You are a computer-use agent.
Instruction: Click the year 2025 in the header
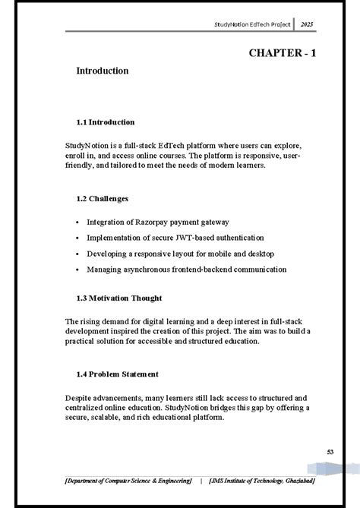pos(307,25)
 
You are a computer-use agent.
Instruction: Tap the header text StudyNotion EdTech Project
pos(251,25)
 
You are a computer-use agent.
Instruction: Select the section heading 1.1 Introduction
pos(106,121)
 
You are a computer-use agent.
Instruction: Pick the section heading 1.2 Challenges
pos(102,199)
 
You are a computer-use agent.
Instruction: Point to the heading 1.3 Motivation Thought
pos(119,298)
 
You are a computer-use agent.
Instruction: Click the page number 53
pos(308,452)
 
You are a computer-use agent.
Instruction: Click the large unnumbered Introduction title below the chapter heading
pos(102,71)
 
